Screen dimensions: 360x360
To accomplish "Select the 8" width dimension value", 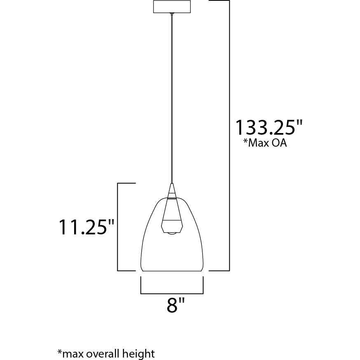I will pyautogui.click(x=176, y=306).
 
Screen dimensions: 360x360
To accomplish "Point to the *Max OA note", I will pyautogui.click(x=264, y=144).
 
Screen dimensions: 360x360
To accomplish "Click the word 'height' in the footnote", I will pyautogui.click(x=140, y=353).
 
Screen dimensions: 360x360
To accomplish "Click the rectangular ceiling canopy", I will pyautogui.click(x=172, y=7).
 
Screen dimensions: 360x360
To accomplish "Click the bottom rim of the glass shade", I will pyautogui.click(x=172, y=271).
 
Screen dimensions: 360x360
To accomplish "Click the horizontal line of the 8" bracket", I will pyautogui.click(x=172, y=294).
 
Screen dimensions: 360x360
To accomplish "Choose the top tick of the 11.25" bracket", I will pyautogui.click(x=126, y=183).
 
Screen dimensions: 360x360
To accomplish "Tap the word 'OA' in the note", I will pyautogui.click(x=279, y=144).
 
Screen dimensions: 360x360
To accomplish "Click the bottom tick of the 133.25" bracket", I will pyautogui.click(x=219, y=271).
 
